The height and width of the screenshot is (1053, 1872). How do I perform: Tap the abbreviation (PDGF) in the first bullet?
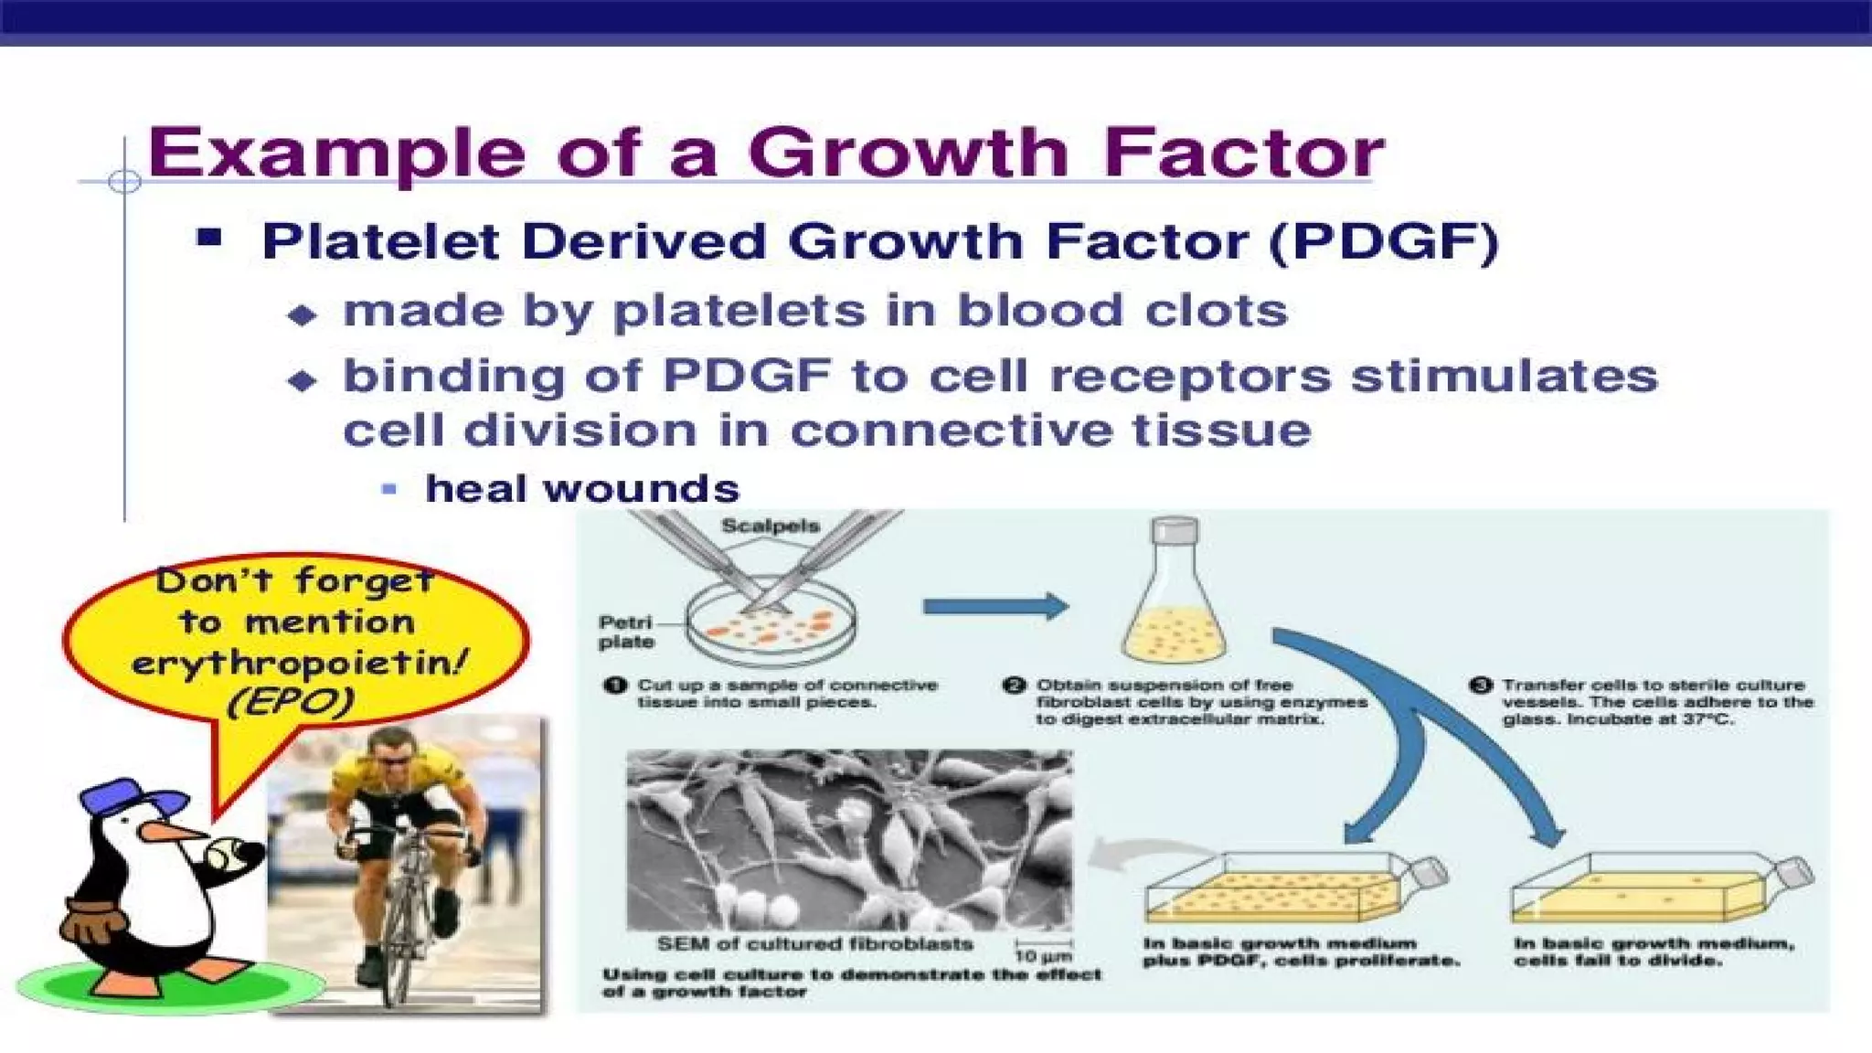(x=1384, y=242)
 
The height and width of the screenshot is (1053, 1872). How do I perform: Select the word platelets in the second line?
(x=739, y=311)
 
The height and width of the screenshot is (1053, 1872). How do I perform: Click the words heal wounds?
(x=582, y=489)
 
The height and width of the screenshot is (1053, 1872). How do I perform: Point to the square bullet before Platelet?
(x=209, y=239)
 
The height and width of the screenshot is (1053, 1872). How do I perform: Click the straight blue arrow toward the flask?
(x=995, y=606)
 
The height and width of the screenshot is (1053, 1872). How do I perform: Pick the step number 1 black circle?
(x=615, y=686)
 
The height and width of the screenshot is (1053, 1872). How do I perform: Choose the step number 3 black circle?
(x=1481, y=686)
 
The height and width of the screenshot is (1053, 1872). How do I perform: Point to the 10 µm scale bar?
(x=1043, y=944)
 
